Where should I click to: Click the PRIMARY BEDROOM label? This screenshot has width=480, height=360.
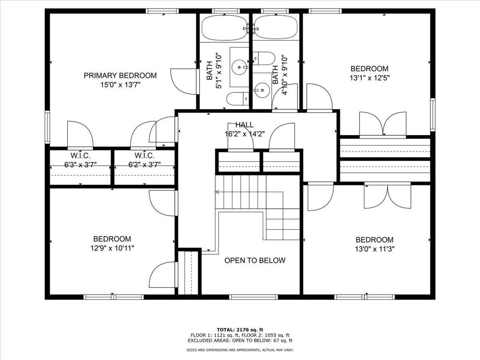(x=120, y=76)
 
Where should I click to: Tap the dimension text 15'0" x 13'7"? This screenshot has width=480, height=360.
(x=120, y=85)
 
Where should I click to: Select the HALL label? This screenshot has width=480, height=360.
(x=244, y=125)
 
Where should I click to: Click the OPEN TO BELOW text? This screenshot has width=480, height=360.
(x=255, y=261)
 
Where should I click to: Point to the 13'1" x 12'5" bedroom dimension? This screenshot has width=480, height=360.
(x=369, y=78)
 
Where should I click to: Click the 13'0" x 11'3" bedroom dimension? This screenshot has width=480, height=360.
(x=374, y=249)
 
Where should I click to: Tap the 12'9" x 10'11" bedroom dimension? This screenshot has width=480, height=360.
(x=112, y=248)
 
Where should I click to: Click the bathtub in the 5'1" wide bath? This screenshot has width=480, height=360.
(x=224, y=28)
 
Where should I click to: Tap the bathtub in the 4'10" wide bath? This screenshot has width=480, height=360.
(x=275, y=28)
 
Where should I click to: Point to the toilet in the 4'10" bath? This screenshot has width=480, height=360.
(x=264, y=58)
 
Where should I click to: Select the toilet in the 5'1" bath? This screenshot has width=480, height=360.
(x=238, y=99)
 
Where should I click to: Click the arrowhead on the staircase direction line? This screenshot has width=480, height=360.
(x=217, y=192)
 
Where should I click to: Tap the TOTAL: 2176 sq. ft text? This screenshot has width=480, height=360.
(x=240, y=330)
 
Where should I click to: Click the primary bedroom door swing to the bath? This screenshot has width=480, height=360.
(x=183, y=82)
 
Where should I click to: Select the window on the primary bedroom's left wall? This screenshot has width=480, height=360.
(x=47, y=127)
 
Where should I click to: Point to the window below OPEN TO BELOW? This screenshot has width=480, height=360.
(x=254, y=297)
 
